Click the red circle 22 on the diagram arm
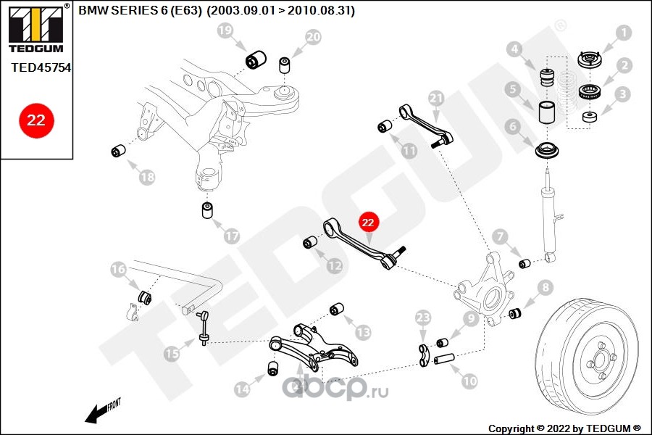367,223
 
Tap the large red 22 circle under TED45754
36,120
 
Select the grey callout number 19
225,30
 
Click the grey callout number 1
623,33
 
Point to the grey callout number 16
118,269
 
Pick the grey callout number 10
469,381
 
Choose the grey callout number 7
500,237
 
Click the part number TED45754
41,67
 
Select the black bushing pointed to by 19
256,60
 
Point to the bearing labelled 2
589,92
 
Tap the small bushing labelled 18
119,150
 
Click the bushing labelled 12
310,242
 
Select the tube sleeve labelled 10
444,358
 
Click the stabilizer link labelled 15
204,328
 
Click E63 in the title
185,10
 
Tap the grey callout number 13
363,332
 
